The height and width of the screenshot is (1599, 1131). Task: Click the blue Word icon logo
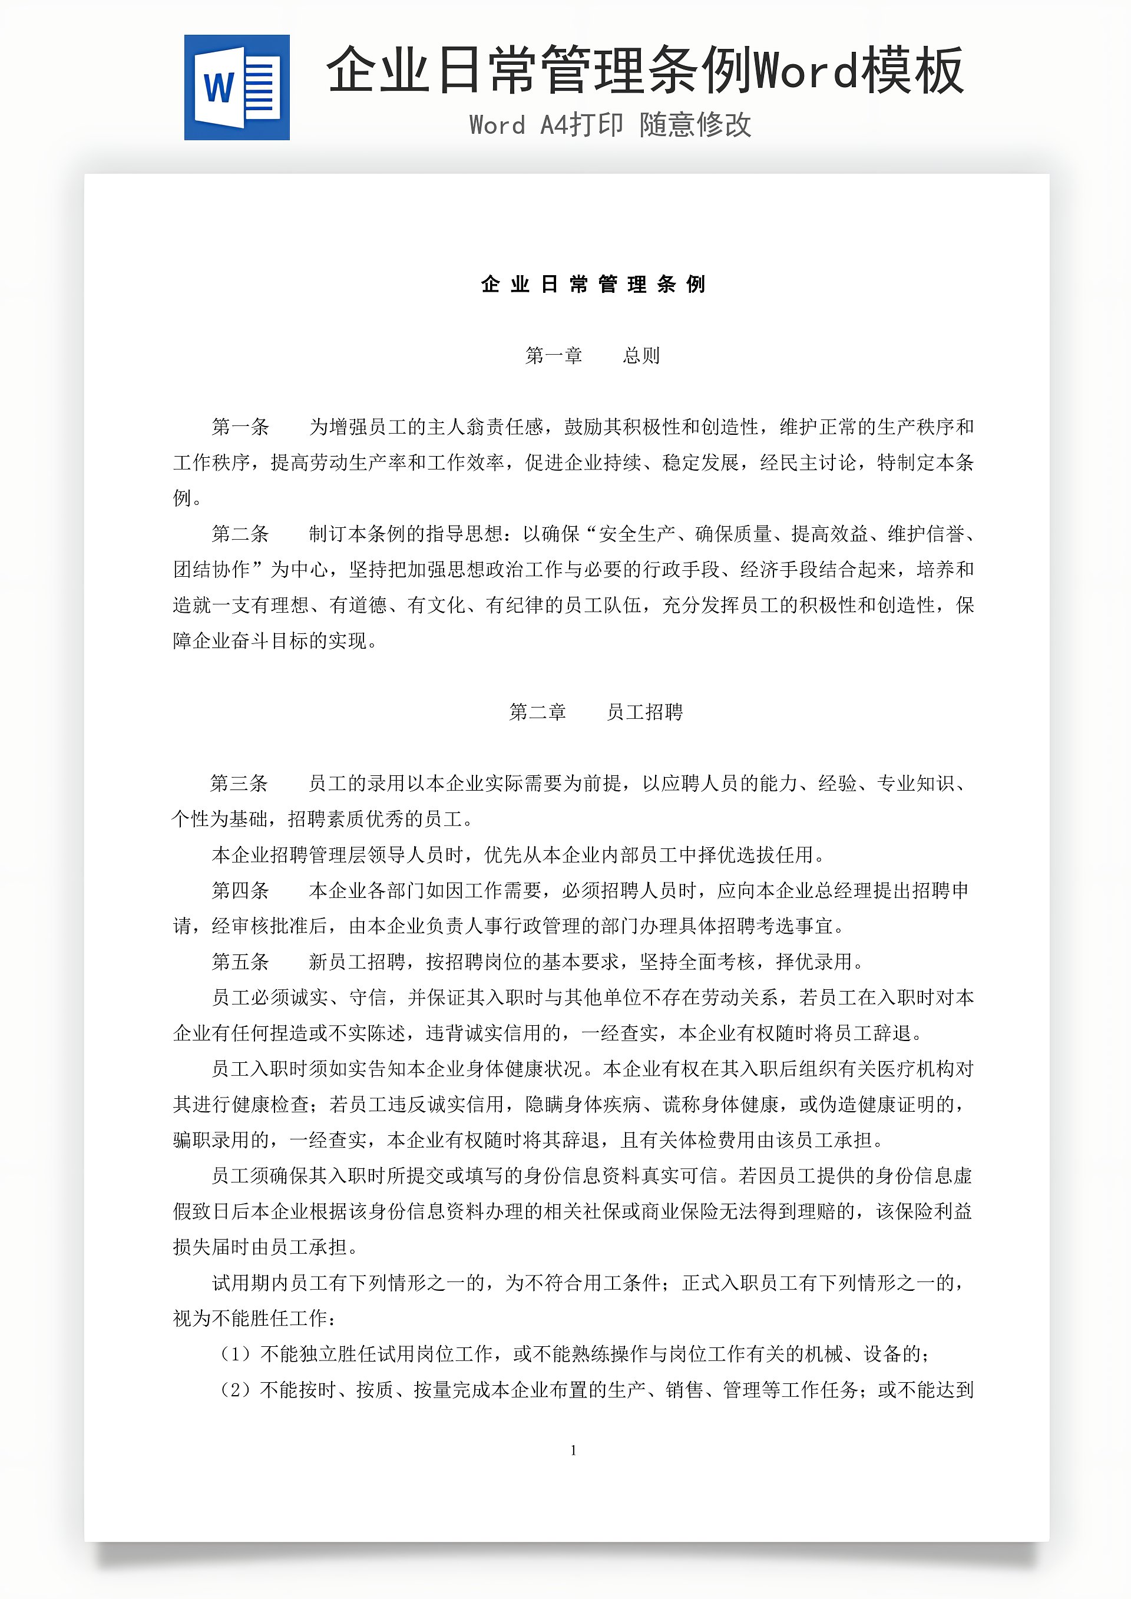237,88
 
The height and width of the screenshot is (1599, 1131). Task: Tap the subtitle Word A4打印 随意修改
610,125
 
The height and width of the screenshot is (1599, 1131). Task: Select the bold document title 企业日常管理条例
593,284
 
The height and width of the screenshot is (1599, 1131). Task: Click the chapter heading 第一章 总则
592,356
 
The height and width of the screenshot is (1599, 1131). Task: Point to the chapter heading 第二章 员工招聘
596,712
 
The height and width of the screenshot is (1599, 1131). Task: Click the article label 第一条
240,427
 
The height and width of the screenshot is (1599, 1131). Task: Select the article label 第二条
240,534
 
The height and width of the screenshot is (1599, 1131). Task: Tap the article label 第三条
239,784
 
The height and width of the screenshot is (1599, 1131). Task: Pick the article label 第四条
240,890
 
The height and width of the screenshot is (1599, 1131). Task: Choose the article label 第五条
240,962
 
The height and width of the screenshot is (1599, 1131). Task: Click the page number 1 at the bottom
573,1451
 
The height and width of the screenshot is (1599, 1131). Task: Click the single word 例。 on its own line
187,498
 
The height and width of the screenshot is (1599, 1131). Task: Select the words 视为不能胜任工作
251,1319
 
